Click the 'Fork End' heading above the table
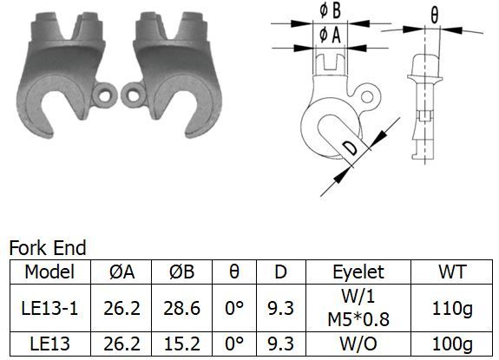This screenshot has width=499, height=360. tap(48, 248)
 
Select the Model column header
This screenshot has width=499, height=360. tap(49, 272)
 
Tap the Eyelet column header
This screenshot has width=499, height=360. tap(358, 272)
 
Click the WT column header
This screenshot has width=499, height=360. tap(452, 272)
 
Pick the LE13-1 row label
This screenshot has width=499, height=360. tap(49, 308)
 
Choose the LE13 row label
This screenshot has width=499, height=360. tap(49, 344)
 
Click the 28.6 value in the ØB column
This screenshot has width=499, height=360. tap(181, 308)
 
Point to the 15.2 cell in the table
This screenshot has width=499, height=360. tap(181, 344)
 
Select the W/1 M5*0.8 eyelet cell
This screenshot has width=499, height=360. tap(358, 308)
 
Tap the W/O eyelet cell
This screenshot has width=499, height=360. tap(358, 344)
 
